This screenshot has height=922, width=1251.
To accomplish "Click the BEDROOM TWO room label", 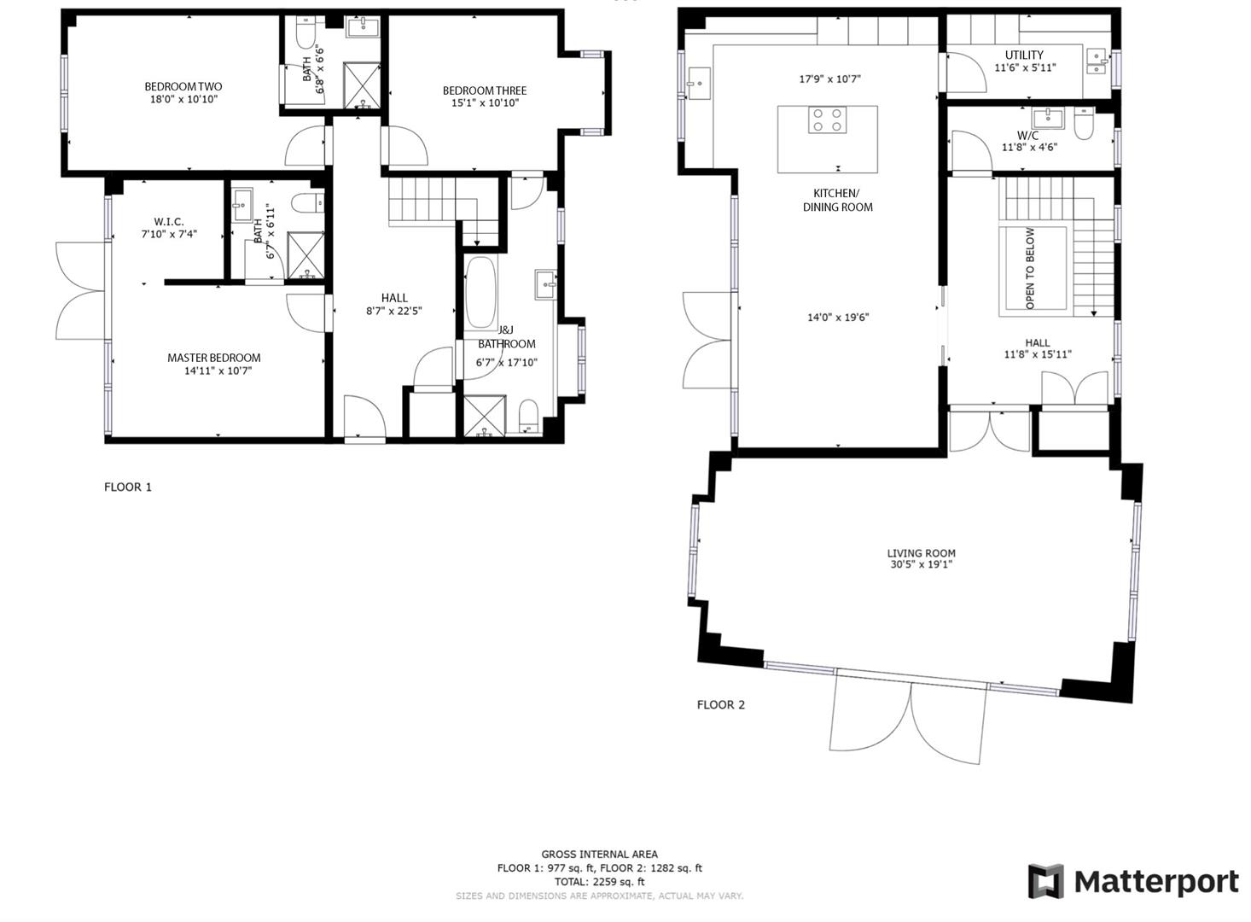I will pyautogui.click(x=183, y=86).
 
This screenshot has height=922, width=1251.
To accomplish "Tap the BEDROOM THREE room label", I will pyautogui.click(x=484, y=90).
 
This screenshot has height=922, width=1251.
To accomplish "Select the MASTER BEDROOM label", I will pyautogui.click(x=213, y=358).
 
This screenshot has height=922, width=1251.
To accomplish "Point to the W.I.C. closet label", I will pyautogui.click(x=169, y=222).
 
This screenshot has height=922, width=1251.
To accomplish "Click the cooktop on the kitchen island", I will pyautogui.click(x=827, y=120).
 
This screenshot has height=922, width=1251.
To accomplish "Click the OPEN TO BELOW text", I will pyautogui.click(x=1031, y=268).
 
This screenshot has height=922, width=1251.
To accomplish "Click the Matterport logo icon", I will pyautogui.click(x=1045, y=881).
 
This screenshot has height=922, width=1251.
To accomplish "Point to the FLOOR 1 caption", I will pyautogui.click(x=128, y=487).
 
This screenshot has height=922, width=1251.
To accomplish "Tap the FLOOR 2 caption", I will pyautogui.click(x=720, y=705).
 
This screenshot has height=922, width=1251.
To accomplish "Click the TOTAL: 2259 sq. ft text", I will pyautogui.click(x=599, y=882).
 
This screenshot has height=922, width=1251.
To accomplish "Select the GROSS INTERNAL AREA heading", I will pyautogui.click(x=599, y=854).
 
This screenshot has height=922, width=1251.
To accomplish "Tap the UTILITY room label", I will pyautogui.click(x=1023, y=55).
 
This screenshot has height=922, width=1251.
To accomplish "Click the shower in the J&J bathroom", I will pyautogui.click(x=484, y=416).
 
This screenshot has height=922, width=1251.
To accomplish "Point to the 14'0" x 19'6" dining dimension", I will pyautogui.click(x=838, y=318).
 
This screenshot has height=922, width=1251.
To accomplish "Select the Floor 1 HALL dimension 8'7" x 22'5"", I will pyautogui.click(x=393, y=312).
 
